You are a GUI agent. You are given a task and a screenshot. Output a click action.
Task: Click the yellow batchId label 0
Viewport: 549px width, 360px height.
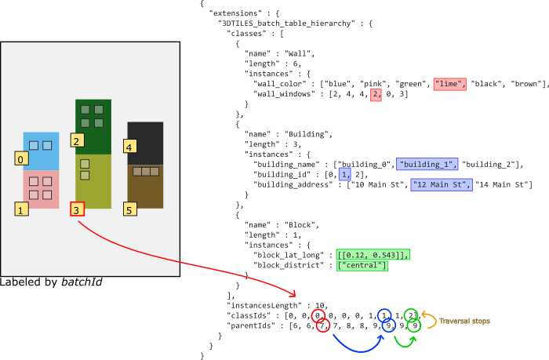(x=21, y=159)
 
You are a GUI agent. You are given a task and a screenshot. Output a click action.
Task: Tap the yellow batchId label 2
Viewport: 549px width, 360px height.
(x=77, y=141)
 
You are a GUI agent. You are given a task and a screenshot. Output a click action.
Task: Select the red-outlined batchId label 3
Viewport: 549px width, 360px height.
(x=77, y=209)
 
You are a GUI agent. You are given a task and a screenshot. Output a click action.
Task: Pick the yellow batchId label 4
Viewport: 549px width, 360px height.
(x=130, y=147)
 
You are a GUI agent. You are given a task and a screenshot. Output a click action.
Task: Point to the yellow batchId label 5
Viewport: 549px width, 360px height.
(x=130, y=209)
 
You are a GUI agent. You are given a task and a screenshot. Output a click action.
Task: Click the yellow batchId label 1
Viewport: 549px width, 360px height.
(x=21, y=209)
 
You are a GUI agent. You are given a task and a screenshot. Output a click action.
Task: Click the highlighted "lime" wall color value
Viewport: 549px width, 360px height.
(x=450, y=85)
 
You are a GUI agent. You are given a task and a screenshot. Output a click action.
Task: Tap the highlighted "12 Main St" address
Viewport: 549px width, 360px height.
(x=442, y=185)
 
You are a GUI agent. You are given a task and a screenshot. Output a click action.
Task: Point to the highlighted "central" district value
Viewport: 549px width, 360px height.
(x=362, y=265)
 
